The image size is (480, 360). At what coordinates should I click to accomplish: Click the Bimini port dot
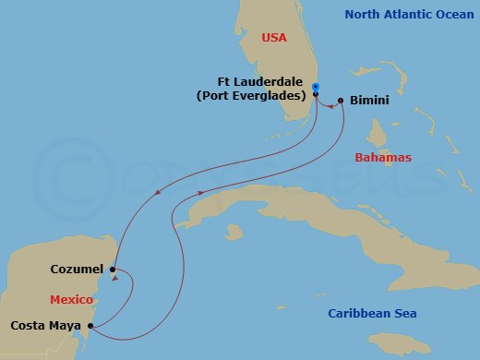coord(341,100)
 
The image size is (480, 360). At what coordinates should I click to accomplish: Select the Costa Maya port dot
coord(89,326)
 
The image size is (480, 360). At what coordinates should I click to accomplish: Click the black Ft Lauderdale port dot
coord(316,94)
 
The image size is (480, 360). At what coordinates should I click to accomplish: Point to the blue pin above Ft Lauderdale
coord(316,87)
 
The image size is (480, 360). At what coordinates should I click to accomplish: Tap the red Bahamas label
coord(383,158)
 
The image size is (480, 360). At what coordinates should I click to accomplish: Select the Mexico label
coord(71,299)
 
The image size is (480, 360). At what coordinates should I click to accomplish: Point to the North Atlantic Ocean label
coord(409,14)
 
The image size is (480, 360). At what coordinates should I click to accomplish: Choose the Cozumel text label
coord(77,269)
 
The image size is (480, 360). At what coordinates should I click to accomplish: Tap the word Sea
coord(403,314)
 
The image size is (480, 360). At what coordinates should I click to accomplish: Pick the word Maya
coord(64,326)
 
